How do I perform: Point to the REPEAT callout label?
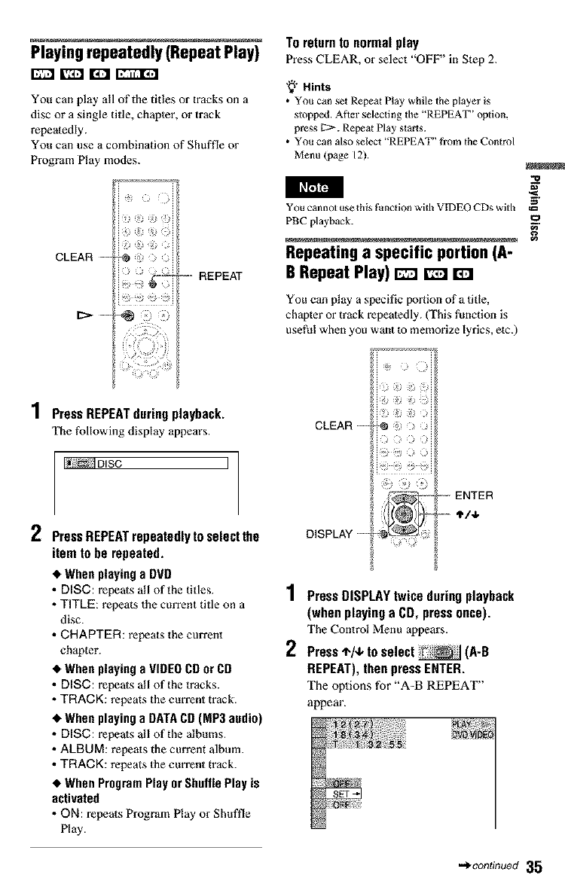220,276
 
